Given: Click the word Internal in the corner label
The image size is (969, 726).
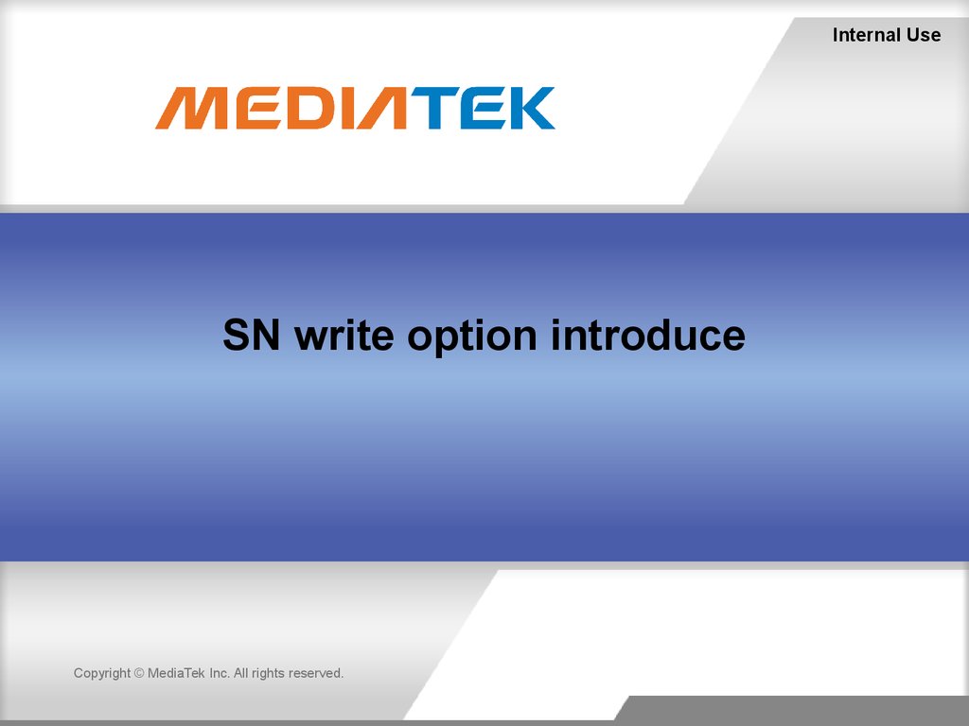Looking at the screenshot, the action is pos(867,35).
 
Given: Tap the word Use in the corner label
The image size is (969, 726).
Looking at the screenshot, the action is pos(924,35).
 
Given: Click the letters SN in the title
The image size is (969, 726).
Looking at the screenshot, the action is pos(252,336).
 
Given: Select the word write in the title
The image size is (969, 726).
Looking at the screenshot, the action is pos(344,336).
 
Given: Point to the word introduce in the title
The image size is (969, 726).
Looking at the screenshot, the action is pos(647,336).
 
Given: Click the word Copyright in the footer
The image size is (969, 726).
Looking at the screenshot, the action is pos(102,673).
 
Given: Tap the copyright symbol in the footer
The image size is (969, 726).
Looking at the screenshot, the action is pos(139,673).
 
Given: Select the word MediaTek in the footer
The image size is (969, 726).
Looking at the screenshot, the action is pos(176,673).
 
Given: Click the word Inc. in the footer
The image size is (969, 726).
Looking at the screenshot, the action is pos(220,673).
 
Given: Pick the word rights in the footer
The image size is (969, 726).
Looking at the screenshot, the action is pos(268,673).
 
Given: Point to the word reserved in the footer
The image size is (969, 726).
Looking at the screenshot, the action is pos(316,673).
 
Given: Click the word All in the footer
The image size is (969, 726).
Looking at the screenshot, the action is pos(240,673).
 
